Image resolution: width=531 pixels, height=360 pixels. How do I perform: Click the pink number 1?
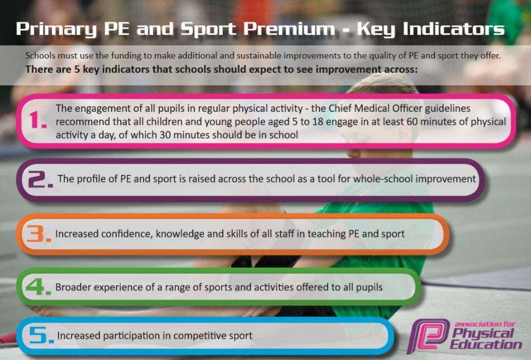[x=38, y=120]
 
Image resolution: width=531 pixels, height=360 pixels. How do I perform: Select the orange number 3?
[x=38, y=234]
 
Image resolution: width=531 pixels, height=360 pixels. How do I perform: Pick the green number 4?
[x=38, y=287]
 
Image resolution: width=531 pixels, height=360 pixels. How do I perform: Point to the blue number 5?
[x=41, y=335]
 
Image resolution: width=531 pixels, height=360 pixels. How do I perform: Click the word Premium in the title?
[x=289, y=29]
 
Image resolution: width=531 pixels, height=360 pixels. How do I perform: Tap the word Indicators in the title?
[x=454, y=29]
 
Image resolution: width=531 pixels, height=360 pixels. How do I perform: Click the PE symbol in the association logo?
[x=429, y=336]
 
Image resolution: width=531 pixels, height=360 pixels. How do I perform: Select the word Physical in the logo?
[x=483, y=334]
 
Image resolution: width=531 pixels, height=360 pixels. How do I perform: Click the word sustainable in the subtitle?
[x=260, y=56]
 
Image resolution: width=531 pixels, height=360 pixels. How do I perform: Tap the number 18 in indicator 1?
[x=318, y=121]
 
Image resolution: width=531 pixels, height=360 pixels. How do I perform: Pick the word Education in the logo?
[x=485, y=345]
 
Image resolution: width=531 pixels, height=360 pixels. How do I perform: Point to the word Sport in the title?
[x=208, y=29]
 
